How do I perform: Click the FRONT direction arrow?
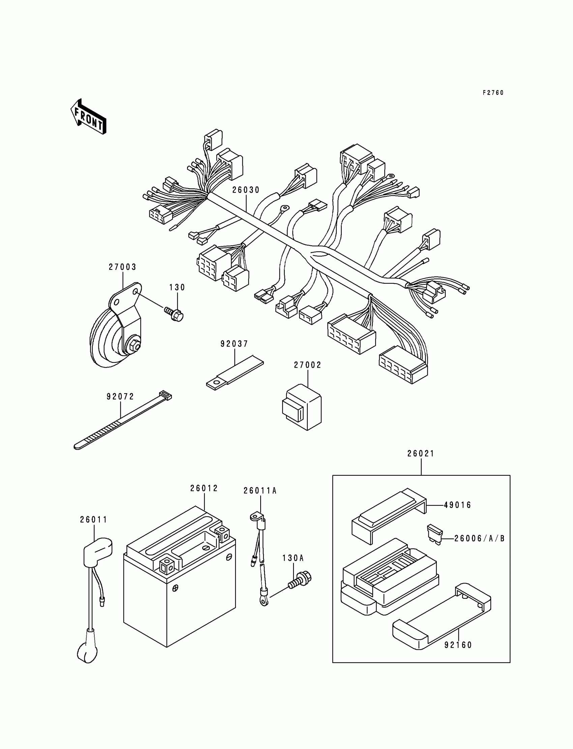pyautogui.click(x=88, y=117)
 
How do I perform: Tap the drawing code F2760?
pyautogui.click(x=493, y=93)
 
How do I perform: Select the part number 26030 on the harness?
pyautogui.click(x=246, y=190)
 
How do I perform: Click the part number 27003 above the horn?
pyautogui.click(x=122, y=267)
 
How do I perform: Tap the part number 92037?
pyautogui.click(x=234, y=344)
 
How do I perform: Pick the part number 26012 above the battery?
pyautogui.click(x=204, y=488)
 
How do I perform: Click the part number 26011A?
pyautogui.click(x=260, y=491)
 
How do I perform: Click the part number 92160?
pyautogui.click(x=458, y=645)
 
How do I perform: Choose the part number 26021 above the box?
pyautogui.click(x=421, y=454)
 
